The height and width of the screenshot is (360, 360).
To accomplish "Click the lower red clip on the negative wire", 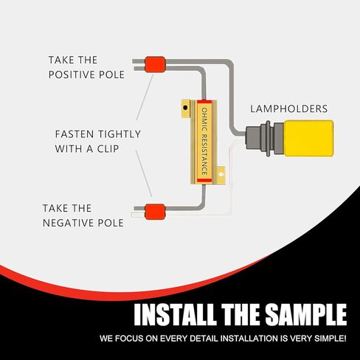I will coord(153,212).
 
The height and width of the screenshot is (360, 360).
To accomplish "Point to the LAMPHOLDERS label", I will coord(288,108).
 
